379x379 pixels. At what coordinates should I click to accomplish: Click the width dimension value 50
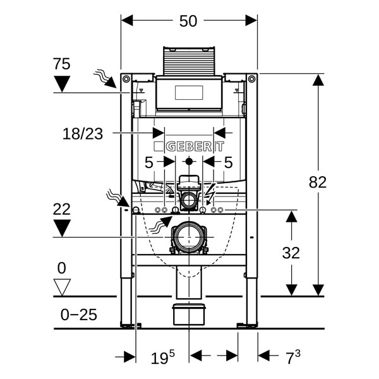pos(188,21)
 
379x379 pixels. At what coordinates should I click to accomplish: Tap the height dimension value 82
pos(318,182)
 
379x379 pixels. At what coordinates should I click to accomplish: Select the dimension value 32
pos(291,253)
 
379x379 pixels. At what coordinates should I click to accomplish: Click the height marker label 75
pos(62,64)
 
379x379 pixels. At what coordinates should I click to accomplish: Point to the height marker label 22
pos(62,209)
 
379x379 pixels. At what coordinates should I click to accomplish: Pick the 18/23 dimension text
pos(83,134)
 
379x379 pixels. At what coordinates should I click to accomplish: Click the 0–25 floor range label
pos(79,315)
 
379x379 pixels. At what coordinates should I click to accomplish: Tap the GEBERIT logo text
pos(189,147)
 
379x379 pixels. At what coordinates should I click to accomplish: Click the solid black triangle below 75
pos(62,84)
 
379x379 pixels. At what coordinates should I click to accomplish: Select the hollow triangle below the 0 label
pos(62,287)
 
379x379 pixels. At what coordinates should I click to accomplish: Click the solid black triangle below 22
pos(62,228)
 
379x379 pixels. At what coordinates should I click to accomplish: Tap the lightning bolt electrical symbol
pos(210,194)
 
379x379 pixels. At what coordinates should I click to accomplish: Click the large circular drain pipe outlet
pos(188,238)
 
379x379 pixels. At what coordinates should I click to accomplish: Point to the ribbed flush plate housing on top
pos(189,61)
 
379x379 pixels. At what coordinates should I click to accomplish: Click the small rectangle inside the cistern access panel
pos(189,92)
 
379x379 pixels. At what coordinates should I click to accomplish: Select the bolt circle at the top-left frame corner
pos(126,79)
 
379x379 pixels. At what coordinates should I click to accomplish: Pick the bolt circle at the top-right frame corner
pos(251,79)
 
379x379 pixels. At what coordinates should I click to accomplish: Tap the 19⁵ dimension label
pos(162,358)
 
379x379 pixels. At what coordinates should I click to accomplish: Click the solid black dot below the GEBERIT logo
pos(189,162)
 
